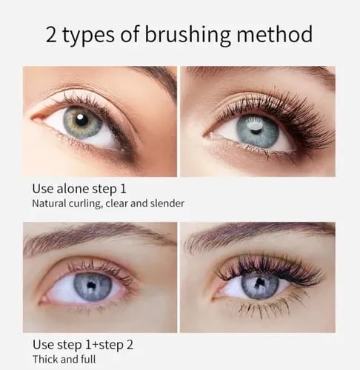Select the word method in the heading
coord(273,35)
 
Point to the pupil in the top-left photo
coord(83,120)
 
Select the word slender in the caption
coord(167,203)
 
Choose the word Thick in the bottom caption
coord(44,360)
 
